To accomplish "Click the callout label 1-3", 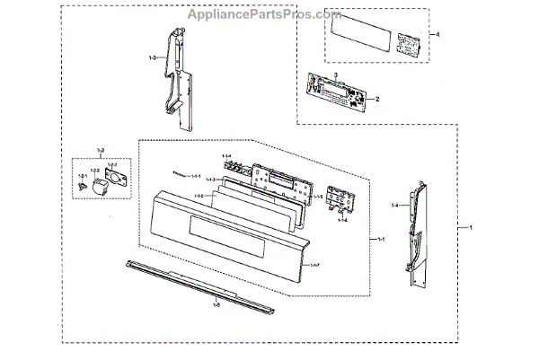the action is (152, 58).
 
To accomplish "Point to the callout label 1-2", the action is (101, 150).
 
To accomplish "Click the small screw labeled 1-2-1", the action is (82, 188).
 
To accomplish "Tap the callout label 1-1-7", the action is (314, 266).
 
